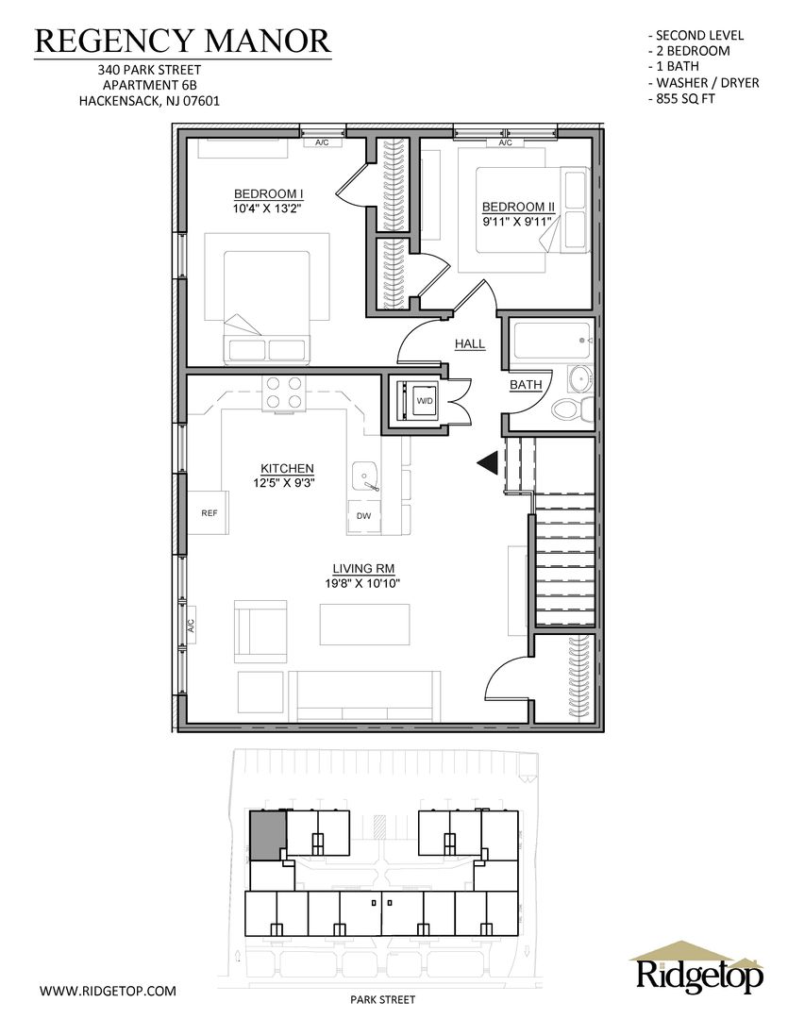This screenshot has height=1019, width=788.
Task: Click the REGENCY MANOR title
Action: tap(182, 41)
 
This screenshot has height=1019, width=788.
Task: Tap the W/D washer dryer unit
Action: tap(417, 401)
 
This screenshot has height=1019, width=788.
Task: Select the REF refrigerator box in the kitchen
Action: tap(209, 512)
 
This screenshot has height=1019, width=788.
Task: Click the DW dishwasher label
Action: tap(363, 516)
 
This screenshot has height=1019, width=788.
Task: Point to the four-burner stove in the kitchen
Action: tap(284, 393)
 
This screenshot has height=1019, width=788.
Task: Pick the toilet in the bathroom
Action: tap(572, 410)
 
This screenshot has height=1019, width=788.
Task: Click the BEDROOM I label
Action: tap(269, 193)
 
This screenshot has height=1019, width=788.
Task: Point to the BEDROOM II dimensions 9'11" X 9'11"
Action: tap(517, 222)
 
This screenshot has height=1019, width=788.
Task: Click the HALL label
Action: tap(469, 343)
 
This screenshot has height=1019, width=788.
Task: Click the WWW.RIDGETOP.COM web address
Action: tap(108, 991)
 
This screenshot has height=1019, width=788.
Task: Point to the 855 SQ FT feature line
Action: tap(682, 99)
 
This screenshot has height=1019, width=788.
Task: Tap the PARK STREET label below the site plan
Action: tap(382, 999)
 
